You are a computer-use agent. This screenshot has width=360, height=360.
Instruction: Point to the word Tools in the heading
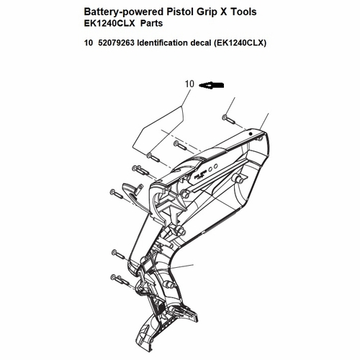(243, 12)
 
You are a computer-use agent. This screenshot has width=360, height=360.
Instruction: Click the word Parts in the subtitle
(151, 23)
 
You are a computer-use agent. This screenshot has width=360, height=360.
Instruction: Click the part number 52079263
(116, 42)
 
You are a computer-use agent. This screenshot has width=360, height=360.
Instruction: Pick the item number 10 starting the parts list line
(89, 42)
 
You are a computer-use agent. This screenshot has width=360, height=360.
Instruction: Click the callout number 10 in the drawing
(189, 84)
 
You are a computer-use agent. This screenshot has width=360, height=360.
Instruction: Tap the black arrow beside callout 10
(212, 85)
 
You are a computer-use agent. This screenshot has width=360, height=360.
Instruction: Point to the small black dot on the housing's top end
(251, 134)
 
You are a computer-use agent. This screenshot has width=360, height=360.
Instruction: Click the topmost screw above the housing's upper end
(228, 119)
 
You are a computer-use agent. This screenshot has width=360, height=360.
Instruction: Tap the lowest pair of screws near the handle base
(120, 279)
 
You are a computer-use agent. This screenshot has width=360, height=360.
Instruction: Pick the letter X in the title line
(223, 12)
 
